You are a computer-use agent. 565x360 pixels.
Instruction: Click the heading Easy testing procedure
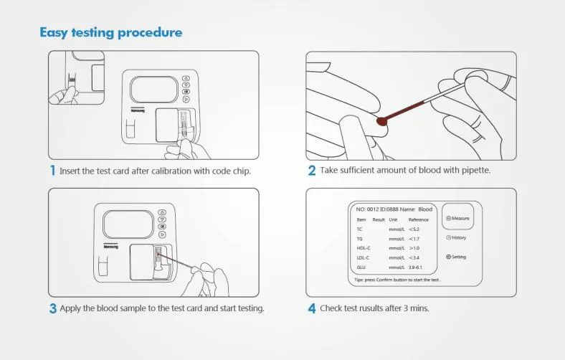coord(110,32)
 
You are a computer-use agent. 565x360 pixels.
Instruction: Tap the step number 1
coord(52,171)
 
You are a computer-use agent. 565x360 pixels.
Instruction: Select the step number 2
coord(311,171)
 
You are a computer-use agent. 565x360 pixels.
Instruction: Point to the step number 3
coord(52,308)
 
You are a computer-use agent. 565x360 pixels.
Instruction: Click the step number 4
coord(311,308)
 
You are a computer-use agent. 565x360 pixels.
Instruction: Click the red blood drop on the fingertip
coord(383,122)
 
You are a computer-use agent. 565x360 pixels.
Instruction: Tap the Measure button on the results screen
coord(457,218)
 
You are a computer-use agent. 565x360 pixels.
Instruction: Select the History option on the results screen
coord(457,237)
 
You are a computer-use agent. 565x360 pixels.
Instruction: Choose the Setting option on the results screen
coord(457,257)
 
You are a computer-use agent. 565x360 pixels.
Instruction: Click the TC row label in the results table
coord(360,229)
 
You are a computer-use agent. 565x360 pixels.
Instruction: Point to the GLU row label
coord(361,267)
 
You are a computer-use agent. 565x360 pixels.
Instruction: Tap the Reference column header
coord(418,219)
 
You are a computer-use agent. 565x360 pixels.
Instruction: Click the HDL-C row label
coord(364,247)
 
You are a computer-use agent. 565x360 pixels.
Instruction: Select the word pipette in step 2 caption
coord(475,171)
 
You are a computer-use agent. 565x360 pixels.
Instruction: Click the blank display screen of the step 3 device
coord(128,224)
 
